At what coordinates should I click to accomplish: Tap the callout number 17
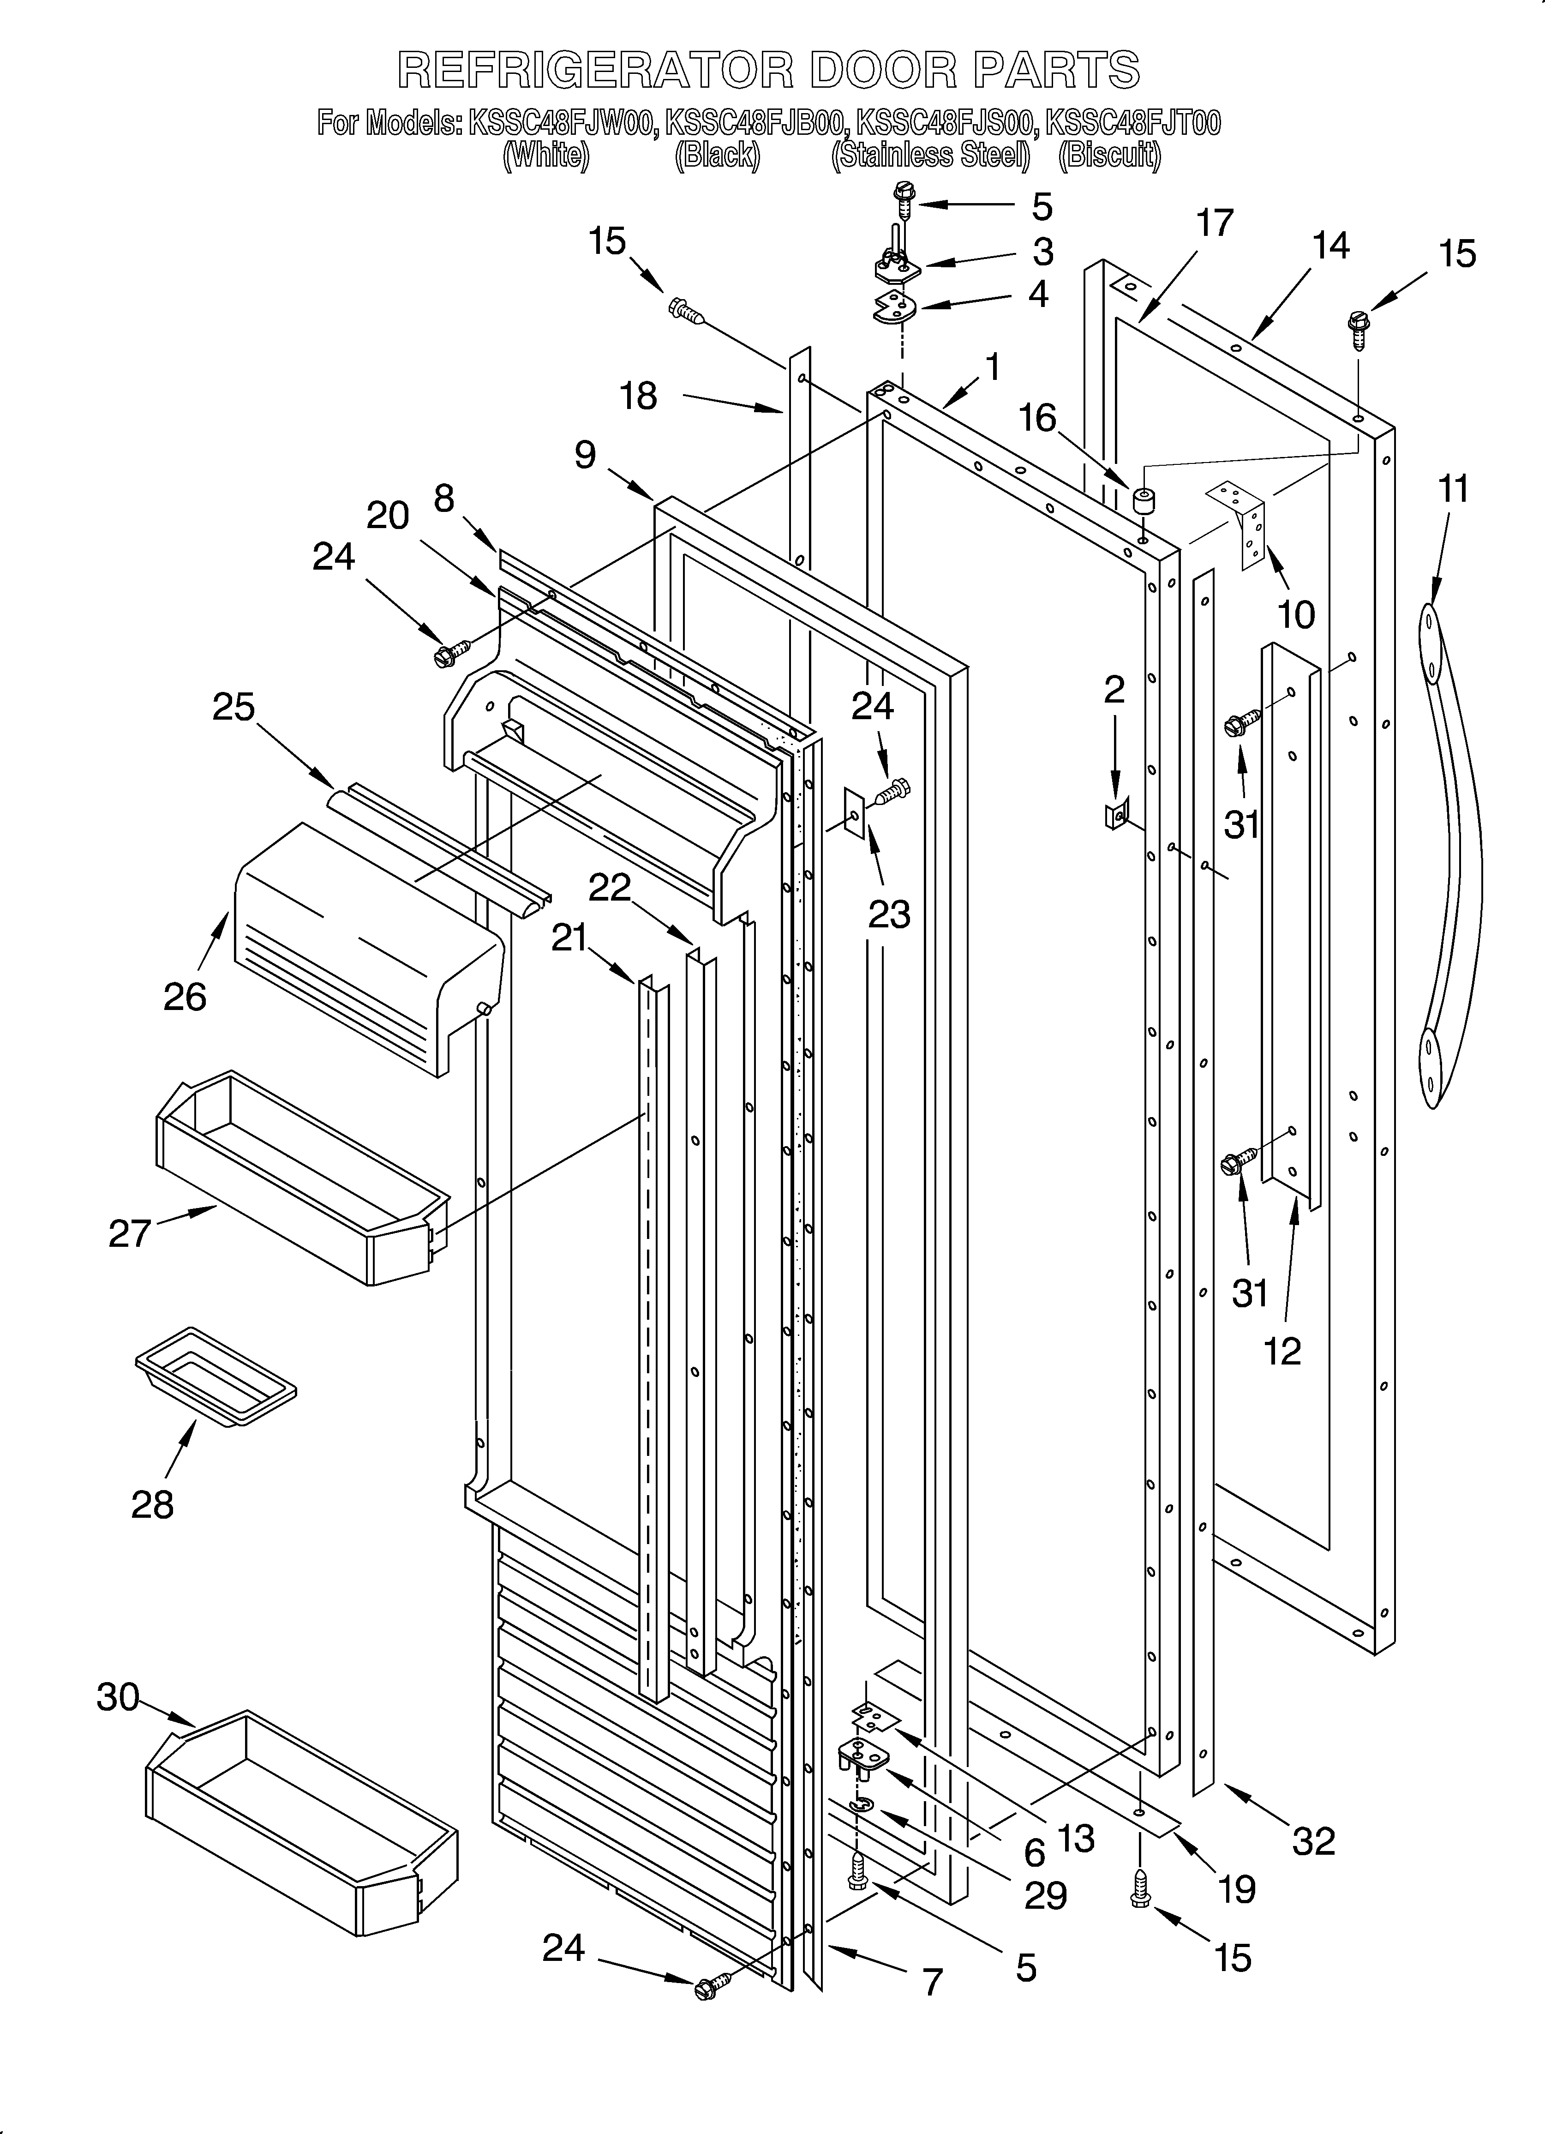click(1215, 224)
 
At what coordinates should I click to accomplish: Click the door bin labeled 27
click(301, 1176)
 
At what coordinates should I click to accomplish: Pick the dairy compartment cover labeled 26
click(367, 946)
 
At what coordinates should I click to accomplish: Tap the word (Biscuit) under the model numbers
click(1110, 155)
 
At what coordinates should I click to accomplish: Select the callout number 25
click(234, 707)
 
